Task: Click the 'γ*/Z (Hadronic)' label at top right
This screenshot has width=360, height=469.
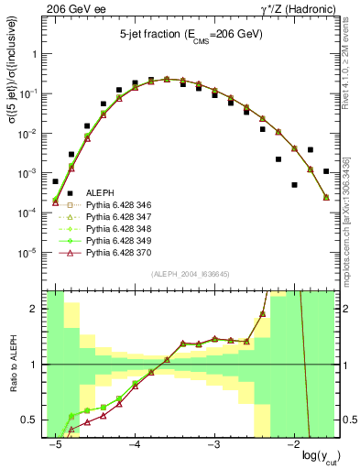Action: click(298, 8)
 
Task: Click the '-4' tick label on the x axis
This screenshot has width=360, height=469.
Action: click(134, 445)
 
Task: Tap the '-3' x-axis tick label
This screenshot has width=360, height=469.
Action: click(213, 445)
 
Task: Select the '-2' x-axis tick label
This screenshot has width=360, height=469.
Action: click(293, 445)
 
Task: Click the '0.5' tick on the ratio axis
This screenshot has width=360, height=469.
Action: click(33, 420)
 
